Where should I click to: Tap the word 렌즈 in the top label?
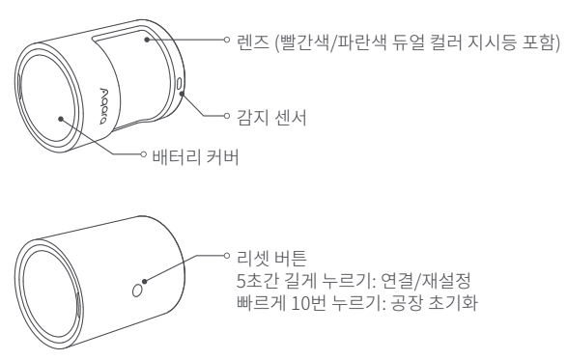pyautogui.click(x=253, y=42)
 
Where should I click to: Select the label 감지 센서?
pyautogui.click(x=271, y=118)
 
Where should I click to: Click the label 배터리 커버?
pyautogui.click(x=196, y=157)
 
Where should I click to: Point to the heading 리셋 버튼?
pyautogui.click(x=271, y=258)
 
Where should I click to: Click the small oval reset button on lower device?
pyautogui.click(x=137, y=291)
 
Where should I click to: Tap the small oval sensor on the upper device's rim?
pyautogui.click(x=180, y=84)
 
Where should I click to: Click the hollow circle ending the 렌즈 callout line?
pyautogui.click(x=227, y=40)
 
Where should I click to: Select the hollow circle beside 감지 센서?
pyautogui.click(x=227, y=116)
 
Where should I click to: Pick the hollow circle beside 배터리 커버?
pyautogui.click(x=143, y=154)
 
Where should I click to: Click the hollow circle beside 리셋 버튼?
pyautogui.click(x=227, y=256)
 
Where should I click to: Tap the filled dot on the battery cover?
pyautogui.click(x=61, y=119)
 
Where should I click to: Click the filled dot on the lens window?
pyautogui.click(x=147, y=40)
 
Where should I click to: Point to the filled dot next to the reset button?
pyautogui.click(x=144, y=281)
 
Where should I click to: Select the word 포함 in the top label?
pyautogui.click(x=538, y=42)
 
